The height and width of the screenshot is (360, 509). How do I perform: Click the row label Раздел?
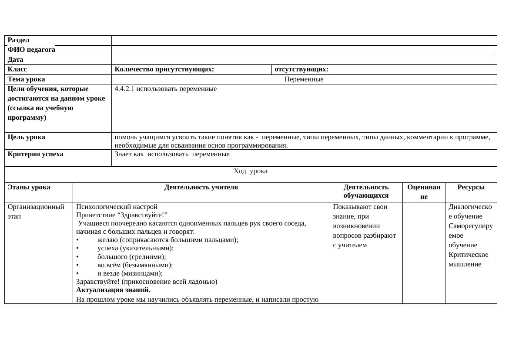point(18,40)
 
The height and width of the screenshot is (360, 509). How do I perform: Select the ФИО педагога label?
point(31,50)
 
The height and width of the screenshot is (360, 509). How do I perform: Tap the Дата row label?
point(16,60)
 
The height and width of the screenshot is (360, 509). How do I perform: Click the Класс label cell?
point(17,69)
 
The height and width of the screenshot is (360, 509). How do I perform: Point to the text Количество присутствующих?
point(164,69)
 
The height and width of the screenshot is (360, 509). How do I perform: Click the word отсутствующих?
point(301,69)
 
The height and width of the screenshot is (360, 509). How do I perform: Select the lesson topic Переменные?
point(304,79)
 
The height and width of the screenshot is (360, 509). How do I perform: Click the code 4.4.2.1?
point(125,89)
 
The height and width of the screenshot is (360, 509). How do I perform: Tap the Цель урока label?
point(26,137)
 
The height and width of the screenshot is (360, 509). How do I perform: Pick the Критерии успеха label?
point(35,154)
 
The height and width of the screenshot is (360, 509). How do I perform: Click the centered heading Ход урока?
point(250,171)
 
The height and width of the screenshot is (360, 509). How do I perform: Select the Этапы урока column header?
point(29,187)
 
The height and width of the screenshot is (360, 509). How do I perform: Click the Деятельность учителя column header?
point(201,187)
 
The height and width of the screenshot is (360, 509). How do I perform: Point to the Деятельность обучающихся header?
point(366,191)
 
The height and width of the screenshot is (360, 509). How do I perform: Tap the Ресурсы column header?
point(471,187)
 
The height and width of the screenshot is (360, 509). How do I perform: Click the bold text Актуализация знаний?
point(113,290)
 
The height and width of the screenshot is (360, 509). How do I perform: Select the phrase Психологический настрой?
point(117,206)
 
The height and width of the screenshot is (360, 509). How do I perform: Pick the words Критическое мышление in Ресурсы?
point(468,259)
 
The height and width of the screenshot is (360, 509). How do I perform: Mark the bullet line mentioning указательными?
point(135,248)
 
